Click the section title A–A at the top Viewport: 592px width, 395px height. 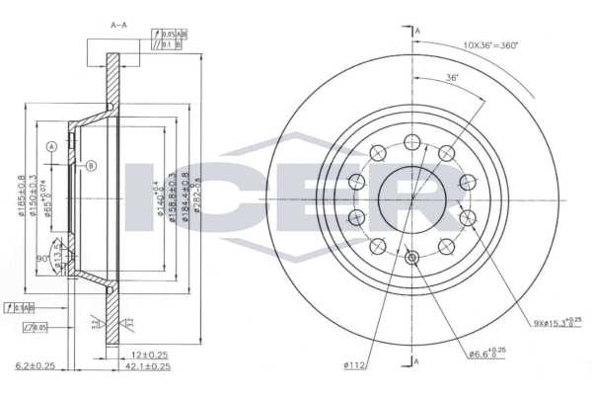[x=117, y=22]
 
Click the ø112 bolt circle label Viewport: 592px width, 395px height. [x=355, y=366]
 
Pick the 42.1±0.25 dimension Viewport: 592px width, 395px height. [x=148, y=365]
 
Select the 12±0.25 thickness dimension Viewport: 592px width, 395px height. [x=149, y=353]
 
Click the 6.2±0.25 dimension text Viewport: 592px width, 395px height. [x=34, y=365]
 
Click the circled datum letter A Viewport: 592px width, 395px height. [x=49, y=147]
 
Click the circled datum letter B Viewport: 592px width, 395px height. [x=91, y=164]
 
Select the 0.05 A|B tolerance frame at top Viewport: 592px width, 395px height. [x=170, y=33]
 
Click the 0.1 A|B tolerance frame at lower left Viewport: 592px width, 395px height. [x=21, y=307]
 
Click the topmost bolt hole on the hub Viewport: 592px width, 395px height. [x=412, y=140]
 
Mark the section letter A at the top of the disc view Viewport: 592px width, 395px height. [x=418, y=33]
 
